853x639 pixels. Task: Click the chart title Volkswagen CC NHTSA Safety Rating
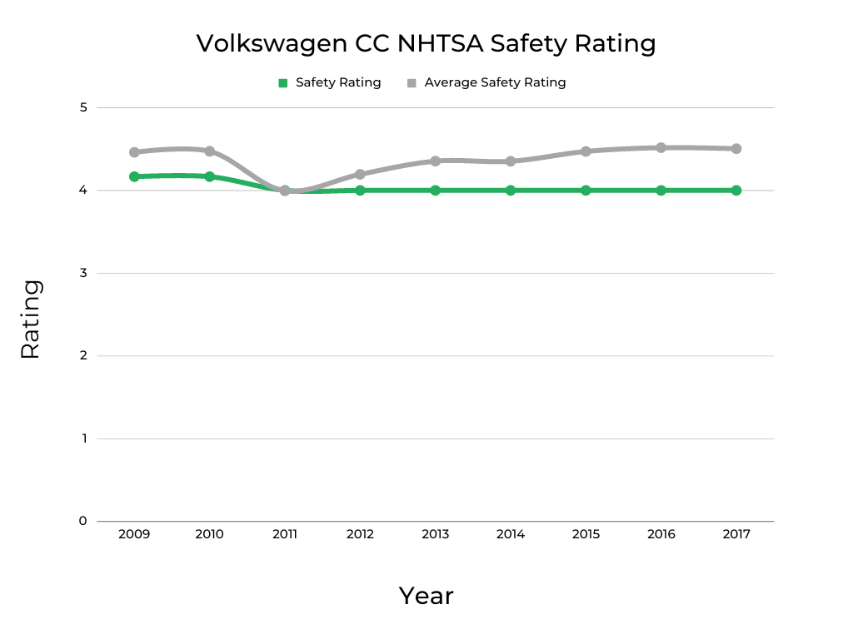point(426,43)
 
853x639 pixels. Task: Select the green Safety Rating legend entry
point(330,82)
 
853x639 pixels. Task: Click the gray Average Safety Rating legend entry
point(486,82)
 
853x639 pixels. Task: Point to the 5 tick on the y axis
point(82,107)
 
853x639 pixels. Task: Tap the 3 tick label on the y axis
point(82,273)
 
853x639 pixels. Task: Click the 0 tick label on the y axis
point(82,521)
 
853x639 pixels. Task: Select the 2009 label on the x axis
point(134,534)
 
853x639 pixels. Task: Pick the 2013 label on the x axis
point(435,534)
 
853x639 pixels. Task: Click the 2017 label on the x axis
point(736,534)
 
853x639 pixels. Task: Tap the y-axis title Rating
point(31,319)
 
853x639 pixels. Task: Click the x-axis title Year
point(426,596)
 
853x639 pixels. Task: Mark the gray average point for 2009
point(134,152)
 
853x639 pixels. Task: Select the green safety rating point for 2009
point(134,176)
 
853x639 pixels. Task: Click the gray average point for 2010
point(209,151)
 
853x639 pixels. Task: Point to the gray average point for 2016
point(661,147)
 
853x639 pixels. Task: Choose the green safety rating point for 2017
point(736,191)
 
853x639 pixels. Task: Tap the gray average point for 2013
point(435,161)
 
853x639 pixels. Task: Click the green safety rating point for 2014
point(511,191)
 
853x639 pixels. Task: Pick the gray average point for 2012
point(360,174)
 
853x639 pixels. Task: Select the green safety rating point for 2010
point(209,176)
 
